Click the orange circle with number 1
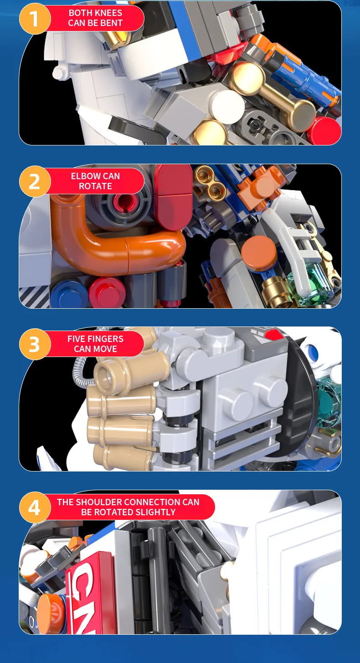point(35,18)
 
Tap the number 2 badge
point(35,181)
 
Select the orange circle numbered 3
point(35,344)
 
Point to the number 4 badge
point(35,507)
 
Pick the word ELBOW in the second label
point(82,176)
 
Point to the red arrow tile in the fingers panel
point(273,335)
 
